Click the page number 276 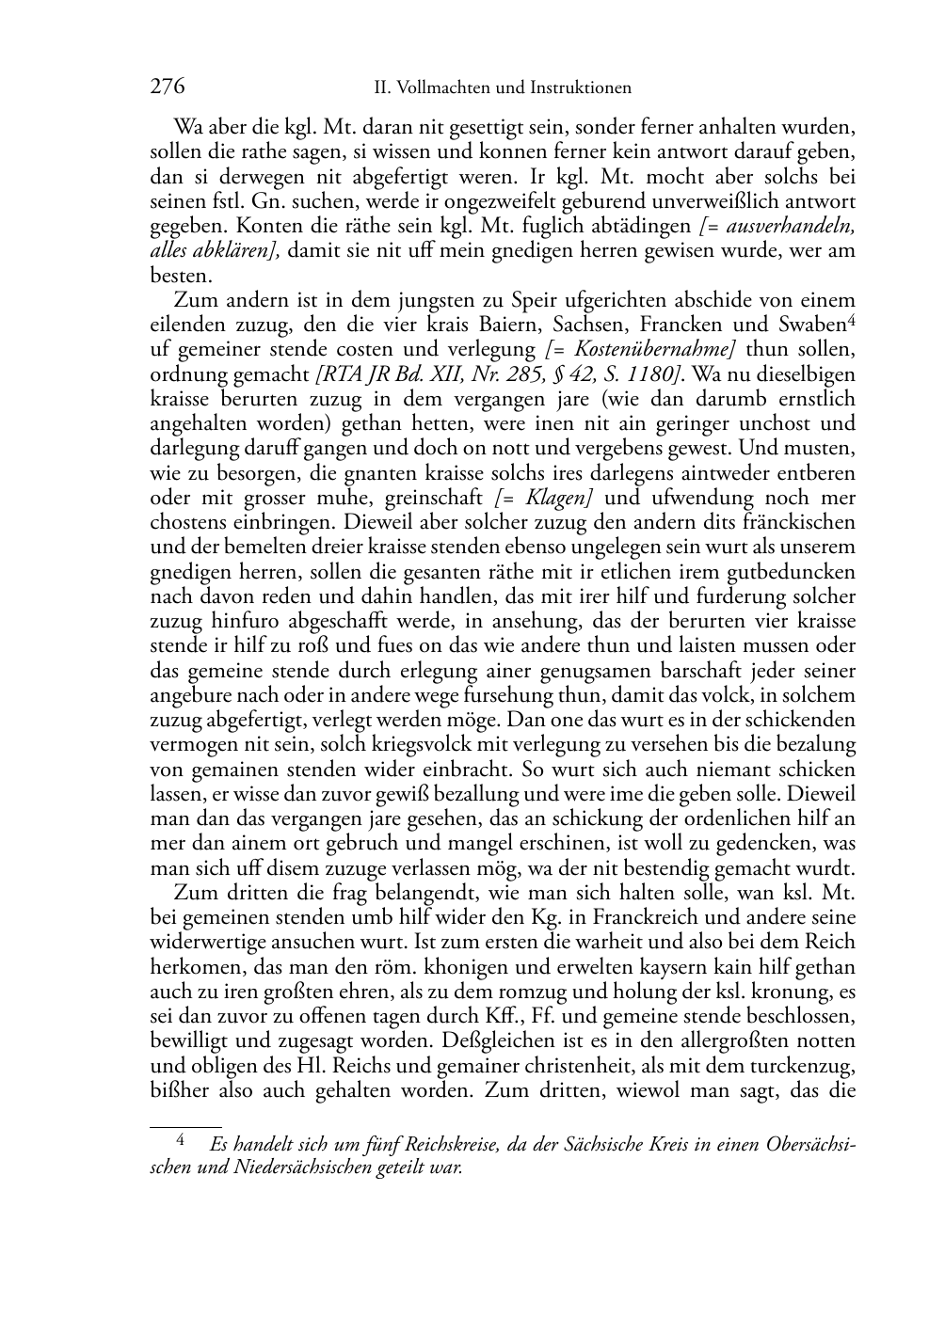coord(167,87)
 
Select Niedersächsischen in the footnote coord(286,1167)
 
